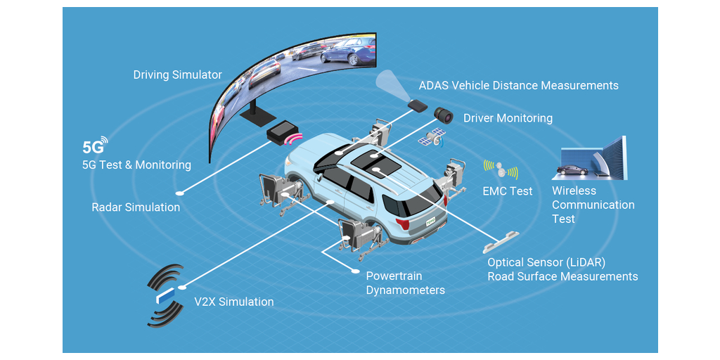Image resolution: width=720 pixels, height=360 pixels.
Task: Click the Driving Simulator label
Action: point(177,75)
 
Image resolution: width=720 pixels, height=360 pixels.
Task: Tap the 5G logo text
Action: point(93,148)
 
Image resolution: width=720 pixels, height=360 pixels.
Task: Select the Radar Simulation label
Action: point(136,207)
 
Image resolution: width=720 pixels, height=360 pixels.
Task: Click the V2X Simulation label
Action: point(233,302)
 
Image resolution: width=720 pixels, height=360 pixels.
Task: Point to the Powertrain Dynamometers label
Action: point(405,283)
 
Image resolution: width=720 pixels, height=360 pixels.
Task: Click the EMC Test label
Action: point(507,191)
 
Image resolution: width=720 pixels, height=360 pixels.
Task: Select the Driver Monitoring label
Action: point(508,118)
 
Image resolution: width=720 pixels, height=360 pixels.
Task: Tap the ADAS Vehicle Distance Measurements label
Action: point(518,86)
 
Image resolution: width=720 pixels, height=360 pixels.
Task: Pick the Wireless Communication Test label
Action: point(593,205)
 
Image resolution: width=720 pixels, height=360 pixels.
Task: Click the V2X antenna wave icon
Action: point(165,295)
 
